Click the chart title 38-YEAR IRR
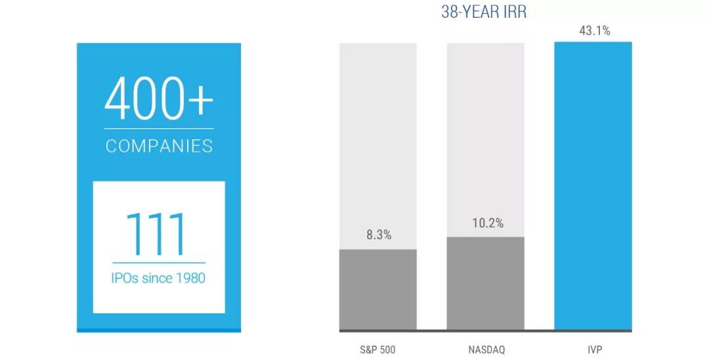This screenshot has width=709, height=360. point(484,12)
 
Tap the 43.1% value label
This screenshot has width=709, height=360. point(594,31)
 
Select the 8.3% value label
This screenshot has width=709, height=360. point(378,235)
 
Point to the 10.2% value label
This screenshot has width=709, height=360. point(487,223)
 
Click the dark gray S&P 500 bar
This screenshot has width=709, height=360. point(378,289)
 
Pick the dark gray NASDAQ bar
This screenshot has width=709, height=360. point(486,282)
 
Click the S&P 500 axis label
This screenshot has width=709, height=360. point(378,349)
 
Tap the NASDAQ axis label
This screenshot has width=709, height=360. point(486,349)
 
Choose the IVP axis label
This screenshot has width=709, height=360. point(593,349)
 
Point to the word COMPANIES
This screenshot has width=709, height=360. point(159,146)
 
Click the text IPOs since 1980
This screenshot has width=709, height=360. point(158,278)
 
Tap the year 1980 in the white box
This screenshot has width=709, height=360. point(189,278)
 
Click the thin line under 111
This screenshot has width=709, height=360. point(158,263)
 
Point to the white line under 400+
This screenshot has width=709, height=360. point(159,129)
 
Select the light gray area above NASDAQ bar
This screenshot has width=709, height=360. point(486,131)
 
